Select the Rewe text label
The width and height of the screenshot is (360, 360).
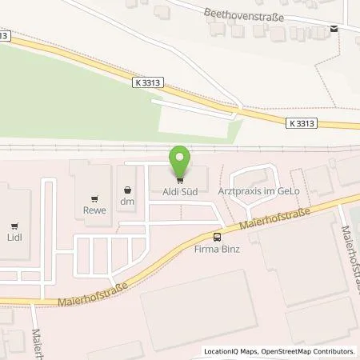coord(95,211)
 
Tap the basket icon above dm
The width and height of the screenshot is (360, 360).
coord(126,190)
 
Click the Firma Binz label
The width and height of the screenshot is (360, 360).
coord(217,249)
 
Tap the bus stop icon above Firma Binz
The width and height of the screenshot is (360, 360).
coord(217,237)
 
